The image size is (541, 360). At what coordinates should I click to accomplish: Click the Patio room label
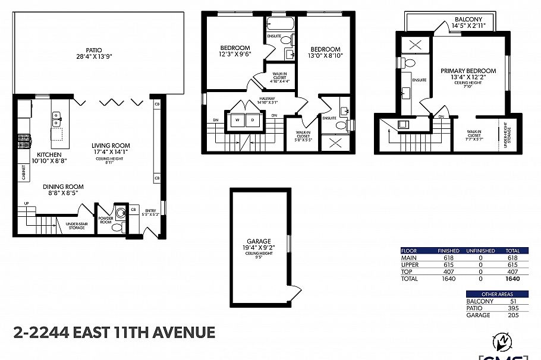94,50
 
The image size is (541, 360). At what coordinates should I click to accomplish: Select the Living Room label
111,146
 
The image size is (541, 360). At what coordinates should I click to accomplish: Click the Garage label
260,241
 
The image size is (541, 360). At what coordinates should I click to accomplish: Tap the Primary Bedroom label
468,71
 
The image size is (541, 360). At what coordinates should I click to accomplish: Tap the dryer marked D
252,119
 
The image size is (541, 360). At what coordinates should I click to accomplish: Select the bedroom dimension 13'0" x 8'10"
325,56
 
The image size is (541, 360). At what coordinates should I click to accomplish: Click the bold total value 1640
512,278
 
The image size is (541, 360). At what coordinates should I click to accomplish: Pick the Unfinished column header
480,251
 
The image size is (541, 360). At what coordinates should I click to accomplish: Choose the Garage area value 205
514,315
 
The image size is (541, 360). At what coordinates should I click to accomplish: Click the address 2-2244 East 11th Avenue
114,331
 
